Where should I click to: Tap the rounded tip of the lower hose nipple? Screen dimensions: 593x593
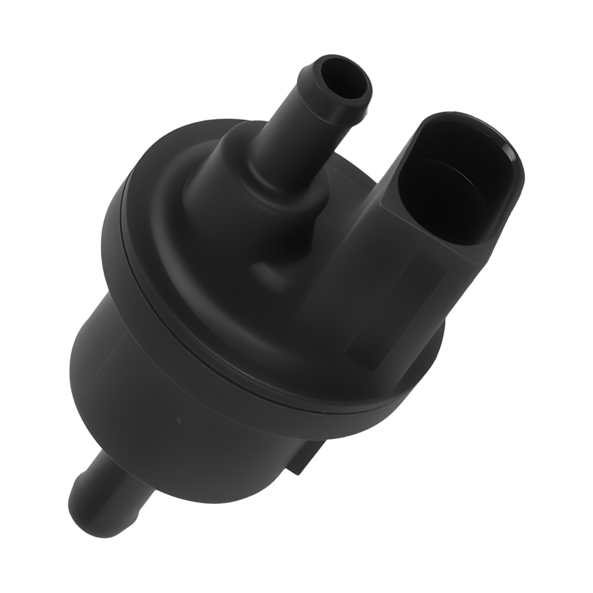click(x=80, y=504)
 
